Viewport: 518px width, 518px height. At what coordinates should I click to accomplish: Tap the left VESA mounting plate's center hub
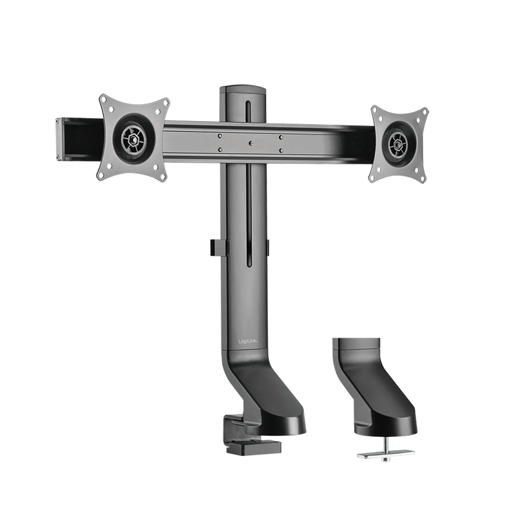[x=133, y=140]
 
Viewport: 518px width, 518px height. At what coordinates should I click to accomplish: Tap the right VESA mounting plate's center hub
[x=398, y=144]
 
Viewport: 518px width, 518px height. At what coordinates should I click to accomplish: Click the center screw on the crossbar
[x=251, y=143]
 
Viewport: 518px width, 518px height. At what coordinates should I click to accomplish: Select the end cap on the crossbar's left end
[x=59, y=139]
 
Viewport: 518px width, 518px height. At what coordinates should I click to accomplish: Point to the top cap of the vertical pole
[x=243, y=91]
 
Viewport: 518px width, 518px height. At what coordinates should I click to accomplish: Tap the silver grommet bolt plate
[x=385, y=455]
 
